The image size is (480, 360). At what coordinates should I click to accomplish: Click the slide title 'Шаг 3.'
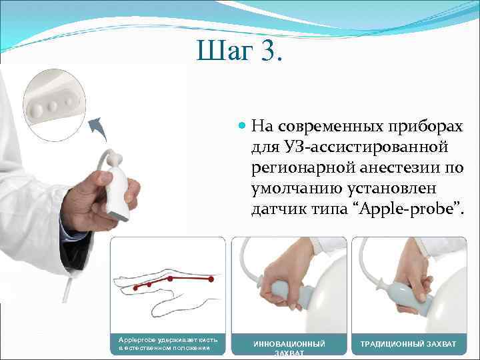(x=239, y=52)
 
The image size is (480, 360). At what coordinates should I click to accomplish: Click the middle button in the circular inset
(x=52, y=105)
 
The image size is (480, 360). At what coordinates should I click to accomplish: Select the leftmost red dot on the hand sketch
(x=136, y=287)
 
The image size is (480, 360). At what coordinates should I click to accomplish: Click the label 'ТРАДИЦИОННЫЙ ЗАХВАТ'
(x=408, y=344)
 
